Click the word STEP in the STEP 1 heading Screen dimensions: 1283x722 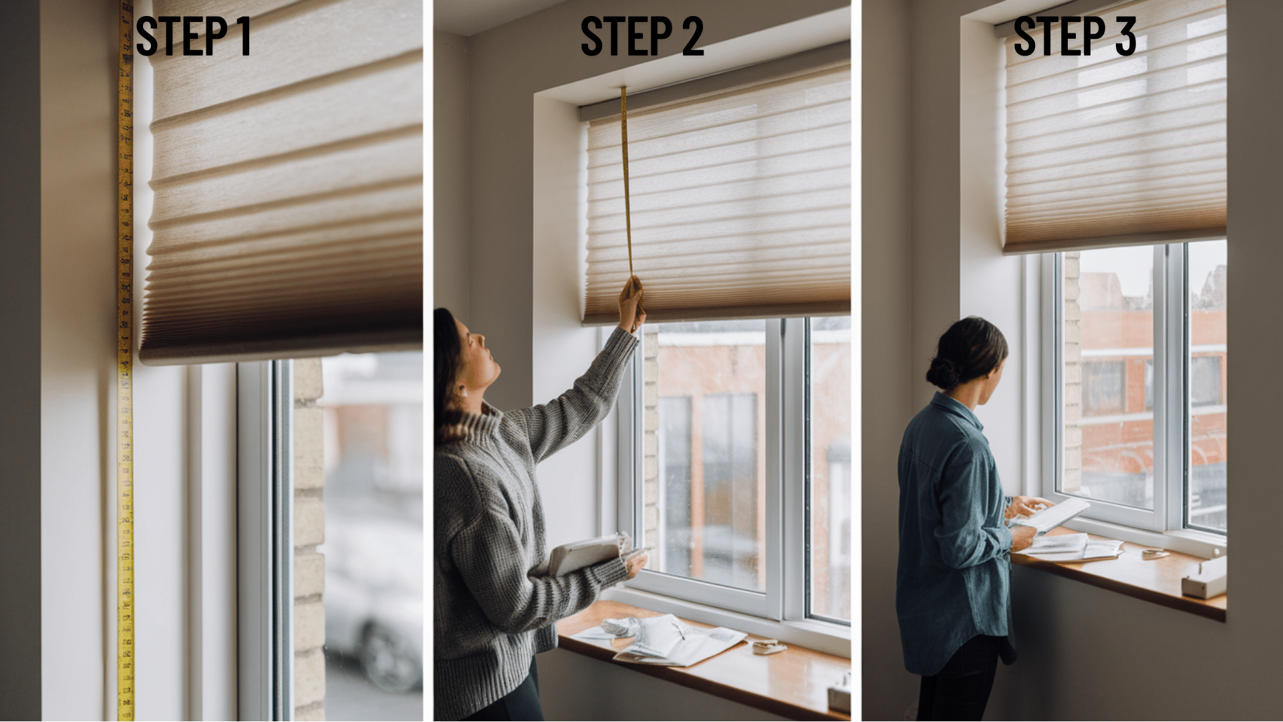pos(182,36)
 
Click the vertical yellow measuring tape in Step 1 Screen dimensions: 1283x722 pos(125,361)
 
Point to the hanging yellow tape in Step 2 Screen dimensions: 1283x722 pos(626,180)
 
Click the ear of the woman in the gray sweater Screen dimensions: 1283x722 pos(462,390)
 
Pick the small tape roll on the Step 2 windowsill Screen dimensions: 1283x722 pos(768,646)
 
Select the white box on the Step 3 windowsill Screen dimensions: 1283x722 pos(1204,578)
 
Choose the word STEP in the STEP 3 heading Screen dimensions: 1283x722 pos(1059,36)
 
